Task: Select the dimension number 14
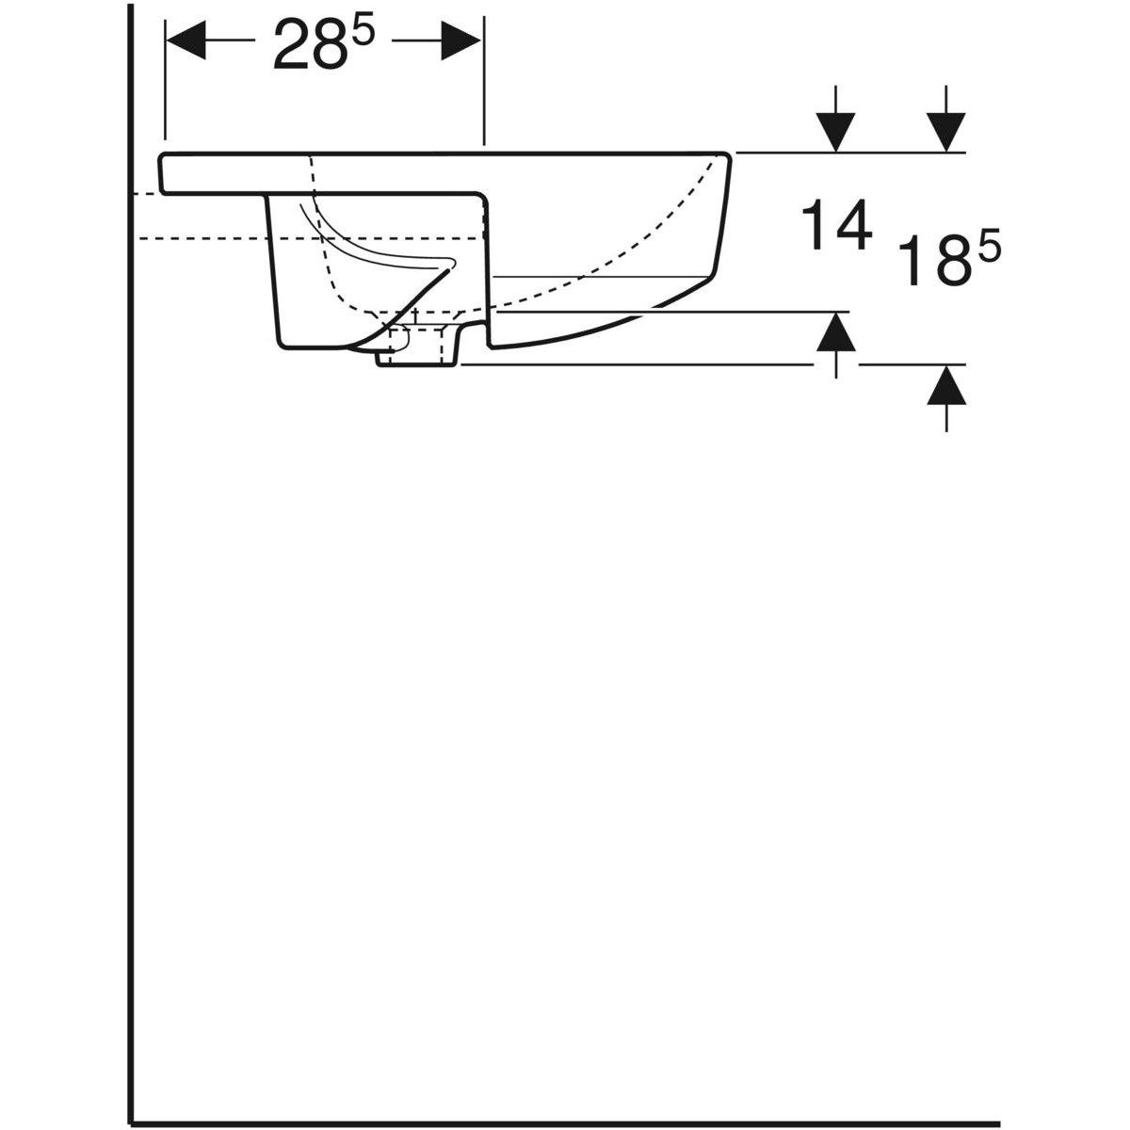coord(834,229)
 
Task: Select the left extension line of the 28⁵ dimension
coord(165,85)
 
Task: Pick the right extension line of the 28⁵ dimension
coord(484,85)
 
